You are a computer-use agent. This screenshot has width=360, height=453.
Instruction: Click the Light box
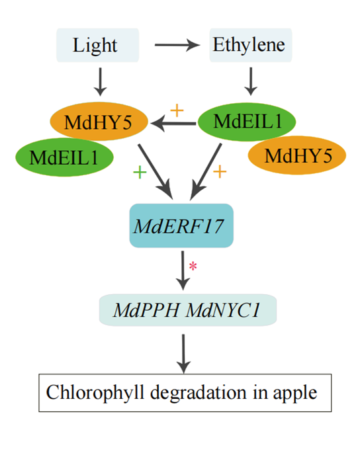(97, 45)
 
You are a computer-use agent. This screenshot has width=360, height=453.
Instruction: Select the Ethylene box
(251, 45)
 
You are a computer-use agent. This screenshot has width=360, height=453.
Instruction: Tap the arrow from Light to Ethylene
(177, 45)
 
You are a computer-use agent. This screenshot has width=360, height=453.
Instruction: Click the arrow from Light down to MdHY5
(100, 81)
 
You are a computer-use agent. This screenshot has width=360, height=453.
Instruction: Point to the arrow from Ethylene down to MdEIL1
(251, 81)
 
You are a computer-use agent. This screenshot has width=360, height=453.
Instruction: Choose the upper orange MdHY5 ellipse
(99, 122)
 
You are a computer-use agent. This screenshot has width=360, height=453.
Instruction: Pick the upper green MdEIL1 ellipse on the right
(247, 122)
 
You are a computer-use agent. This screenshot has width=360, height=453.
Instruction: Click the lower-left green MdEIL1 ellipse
(64, 157)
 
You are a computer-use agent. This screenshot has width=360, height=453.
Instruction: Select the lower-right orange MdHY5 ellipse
(297, 155)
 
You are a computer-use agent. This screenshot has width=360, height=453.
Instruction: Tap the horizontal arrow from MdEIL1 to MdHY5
(173, 124)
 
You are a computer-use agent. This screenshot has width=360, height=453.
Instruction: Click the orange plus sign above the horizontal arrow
(177, 110)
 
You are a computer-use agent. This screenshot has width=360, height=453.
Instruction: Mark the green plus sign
(140, 173)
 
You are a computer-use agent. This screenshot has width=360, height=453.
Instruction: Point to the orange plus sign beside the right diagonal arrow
(220, 171)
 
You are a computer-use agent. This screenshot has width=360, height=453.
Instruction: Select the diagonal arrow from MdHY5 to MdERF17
(156, 171)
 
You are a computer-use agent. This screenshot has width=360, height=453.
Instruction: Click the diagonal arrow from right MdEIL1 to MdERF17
(206, 171)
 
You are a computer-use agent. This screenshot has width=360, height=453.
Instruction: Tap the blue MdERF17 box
(181, 226)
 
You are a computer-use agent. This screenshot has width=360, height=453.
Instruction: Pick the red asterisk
(193, 266)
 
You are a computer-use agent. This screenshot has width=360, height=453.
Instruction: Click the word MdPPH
(146, 310)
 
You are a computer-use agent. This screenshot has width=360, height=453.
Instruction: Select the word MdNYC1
(222, 310)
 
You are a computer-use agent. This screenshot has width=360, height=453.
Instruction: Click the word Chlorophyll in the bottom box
(95, 393)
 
